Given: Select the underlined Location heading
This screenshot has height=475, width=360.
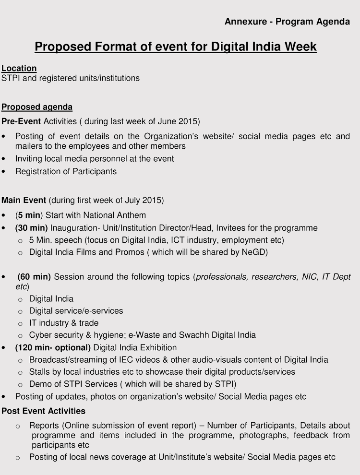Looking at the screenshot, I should click(x=19, y=68).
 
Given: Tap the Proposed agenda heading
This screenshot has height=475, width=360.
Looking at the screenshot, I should click(x=37, y=107).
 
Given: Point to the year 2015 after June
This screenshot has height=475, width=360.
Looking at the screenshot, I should click(x=189, y=121).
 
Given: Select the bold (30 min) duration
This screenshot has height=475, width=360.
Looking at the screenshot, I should click(x=31, y=228).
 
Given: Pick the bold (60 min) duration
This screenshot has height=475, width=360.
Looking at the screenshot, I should click(x=35, y=277).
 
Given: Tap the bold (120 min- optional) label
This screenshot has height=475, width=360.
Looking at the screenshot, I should click(x=53, y=347).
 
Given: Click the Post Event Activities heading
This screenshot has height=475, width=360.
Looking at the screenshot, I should click(x=44, y=411).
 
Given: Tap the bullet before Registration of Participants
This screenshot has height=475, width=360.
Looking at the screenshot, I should click(x=4, y=171).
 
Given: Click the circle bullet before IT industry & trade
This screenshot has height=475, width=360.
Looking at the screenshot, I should click(x=20, y=323).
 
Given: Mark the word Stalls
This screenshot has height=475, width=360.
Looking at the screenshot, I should click(x=39, y=372).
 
